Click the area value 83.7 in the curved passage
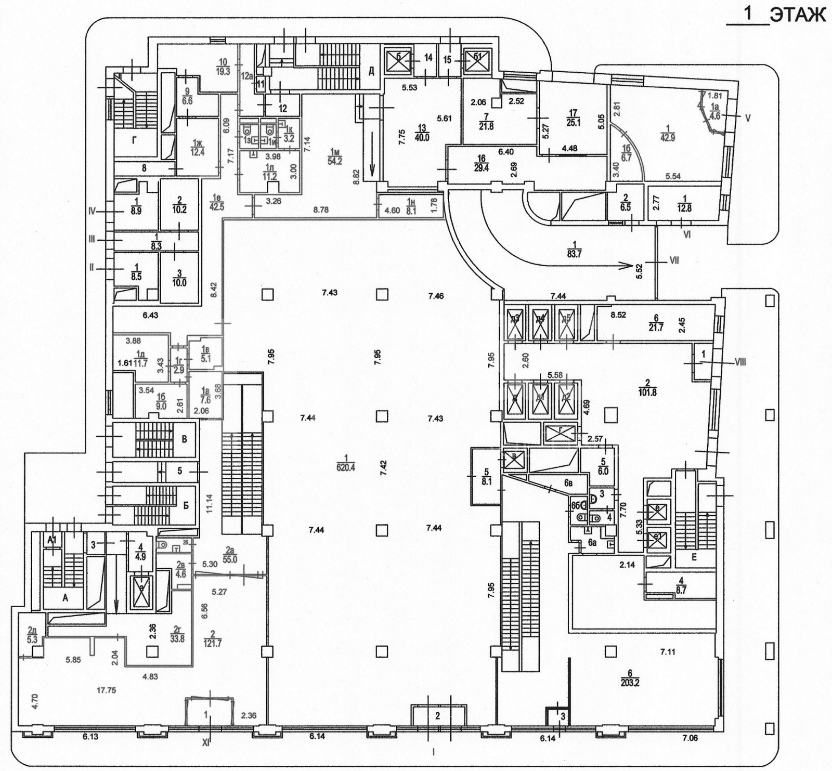575,253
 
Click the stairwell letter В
184,439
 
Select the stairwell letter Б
186,505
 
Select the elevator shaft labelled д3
515,319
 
